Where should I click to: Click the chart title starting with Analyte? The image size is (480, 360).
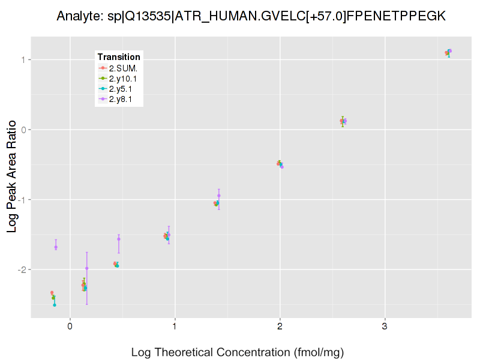click(x=251, y=16)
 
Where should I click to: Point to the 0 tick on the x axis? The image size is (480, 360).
click(x=70, y=326)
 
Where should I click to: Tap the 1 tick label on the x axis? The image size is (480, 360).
click(x=175, y=326)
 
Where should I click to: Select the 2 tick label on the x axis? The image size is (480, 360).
click(x=280, y=326)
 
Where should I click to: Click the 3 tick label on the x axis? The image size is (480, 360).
click(x=385, y=326)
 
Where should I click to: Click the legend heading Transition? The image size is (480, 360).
click(x=119, y=57)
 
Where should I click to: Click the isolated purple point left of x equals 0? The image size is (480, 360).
click(x=56, y=247)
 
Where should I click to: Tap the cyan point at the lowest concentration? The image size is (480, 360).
click(x=55, y=305)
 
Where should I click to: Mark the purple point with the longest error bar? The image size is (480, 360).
click(x=86, y=268)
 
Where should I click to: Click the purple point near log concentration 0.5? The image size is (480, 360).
click(x=119, y=239)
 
